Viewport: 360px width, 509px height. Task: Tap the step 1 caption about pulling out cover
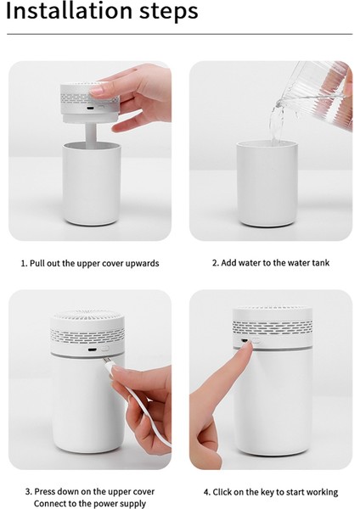point(90,263)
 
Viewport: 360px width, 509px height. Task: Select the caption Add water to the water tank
point(270,263)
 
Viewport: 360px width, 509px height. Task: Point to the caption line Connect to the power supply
point(89,504)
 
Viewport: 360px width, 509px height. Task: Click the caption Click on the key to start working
point(270,492)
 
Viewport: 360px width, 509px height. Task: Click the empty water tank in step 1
point(90,182)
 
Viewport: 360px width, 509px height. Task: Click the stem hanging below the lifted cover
point(90,132)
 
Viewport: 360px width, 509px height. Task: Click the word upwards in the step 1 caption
point(142,263)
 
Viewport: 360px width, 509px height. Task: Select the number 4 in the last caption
point(206,492)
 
